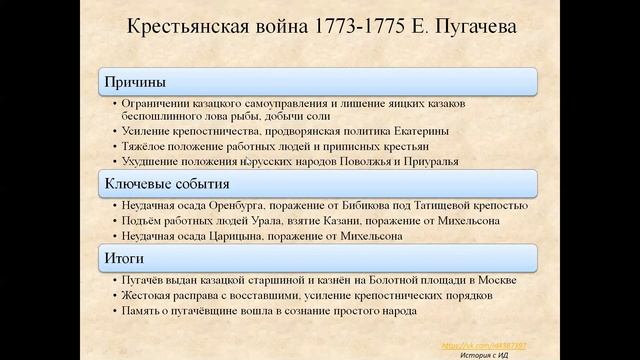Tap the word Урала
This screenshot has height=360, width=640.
(x=264, y=221)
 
